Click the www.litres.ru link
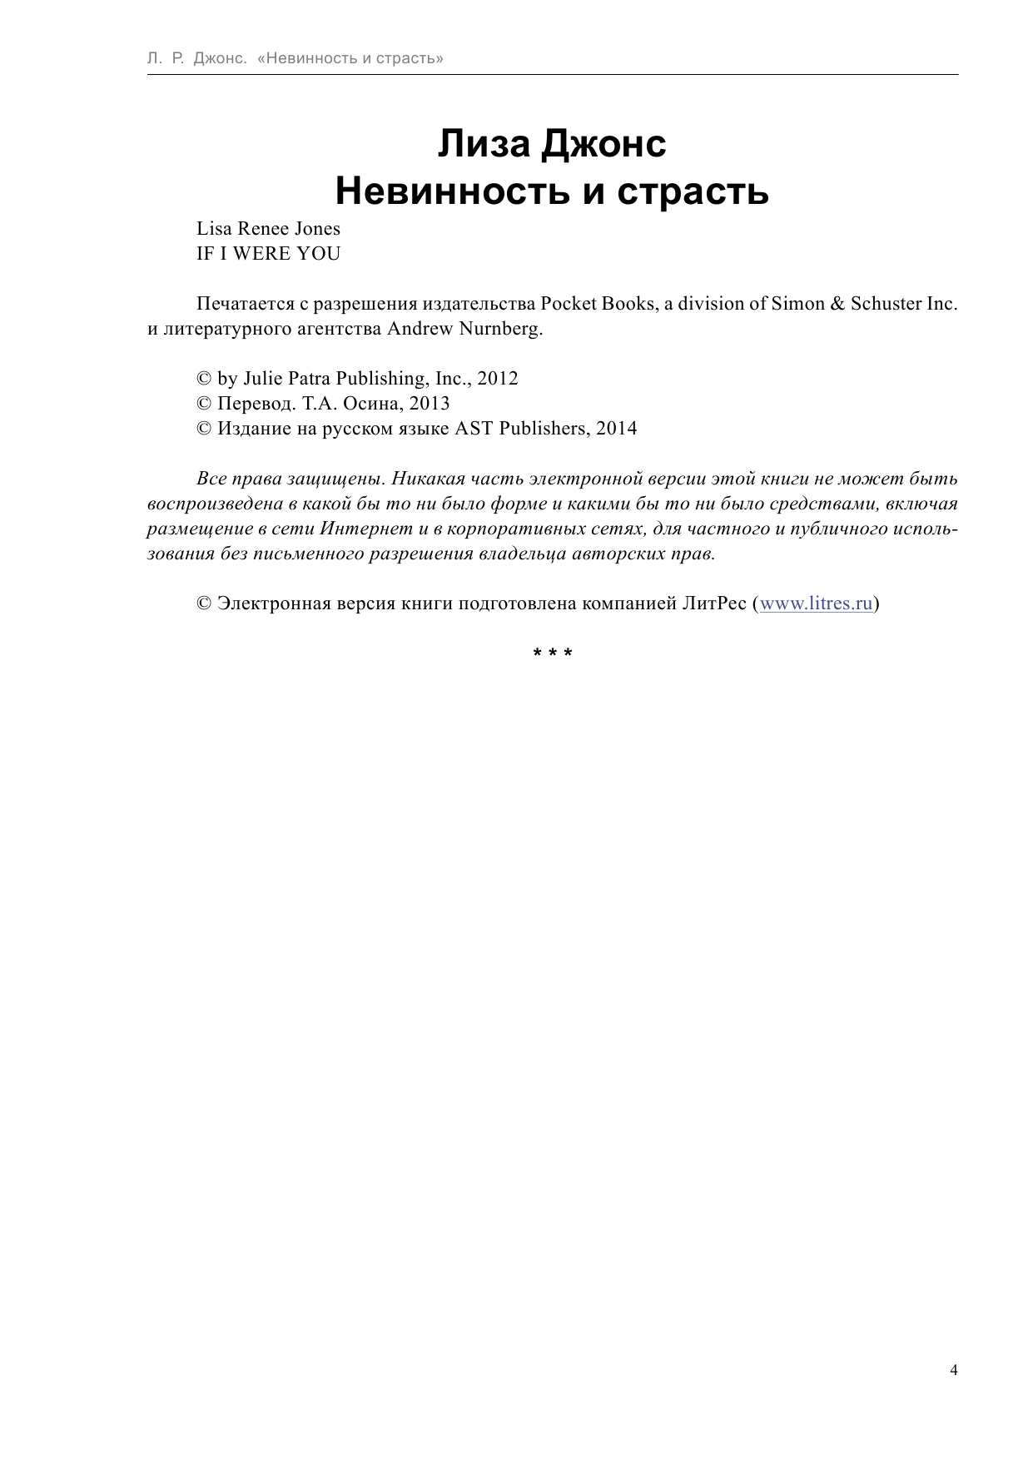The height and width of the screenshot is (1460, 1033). [817, 603]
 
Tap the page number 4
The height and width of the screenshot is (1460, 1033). [954, 1370]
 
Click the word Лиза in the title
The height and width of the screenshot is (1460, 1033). [484, 143]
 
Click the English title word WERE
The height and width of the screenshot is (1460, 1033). [261, 254]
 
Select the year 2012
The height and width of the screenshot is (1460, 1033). [498, 379]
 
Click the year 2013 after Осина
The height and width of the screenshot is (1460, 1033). [430, 404]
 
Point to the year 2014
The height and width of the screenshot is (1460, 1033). [617, 429]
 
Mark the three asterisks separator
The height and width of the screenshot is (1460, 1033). [553, 653]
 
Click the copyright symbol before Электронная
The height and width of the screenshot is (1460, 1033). [204, 603]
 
